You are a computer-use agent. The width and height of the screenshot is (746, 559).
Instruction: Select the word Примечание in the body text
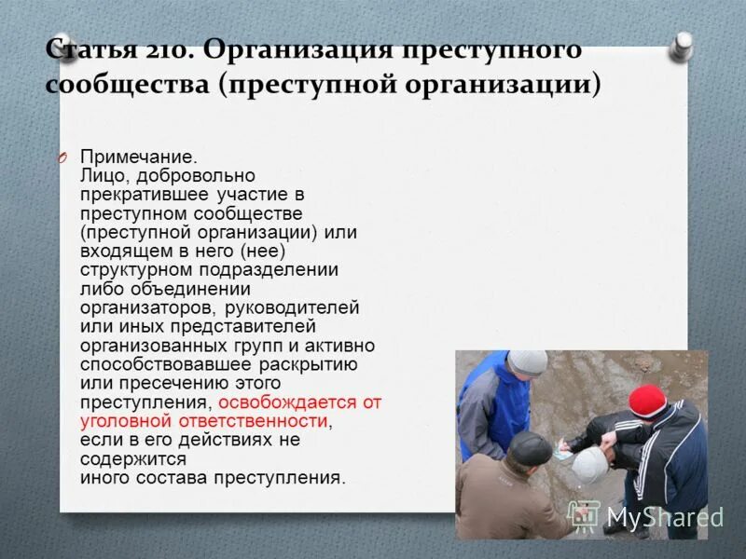(x=136, y=157)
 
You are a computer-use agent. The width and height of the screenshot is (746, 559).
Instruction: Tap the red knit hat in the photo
(x=647, y=400)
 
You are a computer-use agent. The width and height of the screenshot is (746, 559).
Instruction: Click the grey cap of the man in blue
(x=528, y=361)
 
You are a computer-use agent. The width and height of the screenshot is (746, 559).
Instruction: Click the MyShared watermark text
(x=664, y=516)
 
